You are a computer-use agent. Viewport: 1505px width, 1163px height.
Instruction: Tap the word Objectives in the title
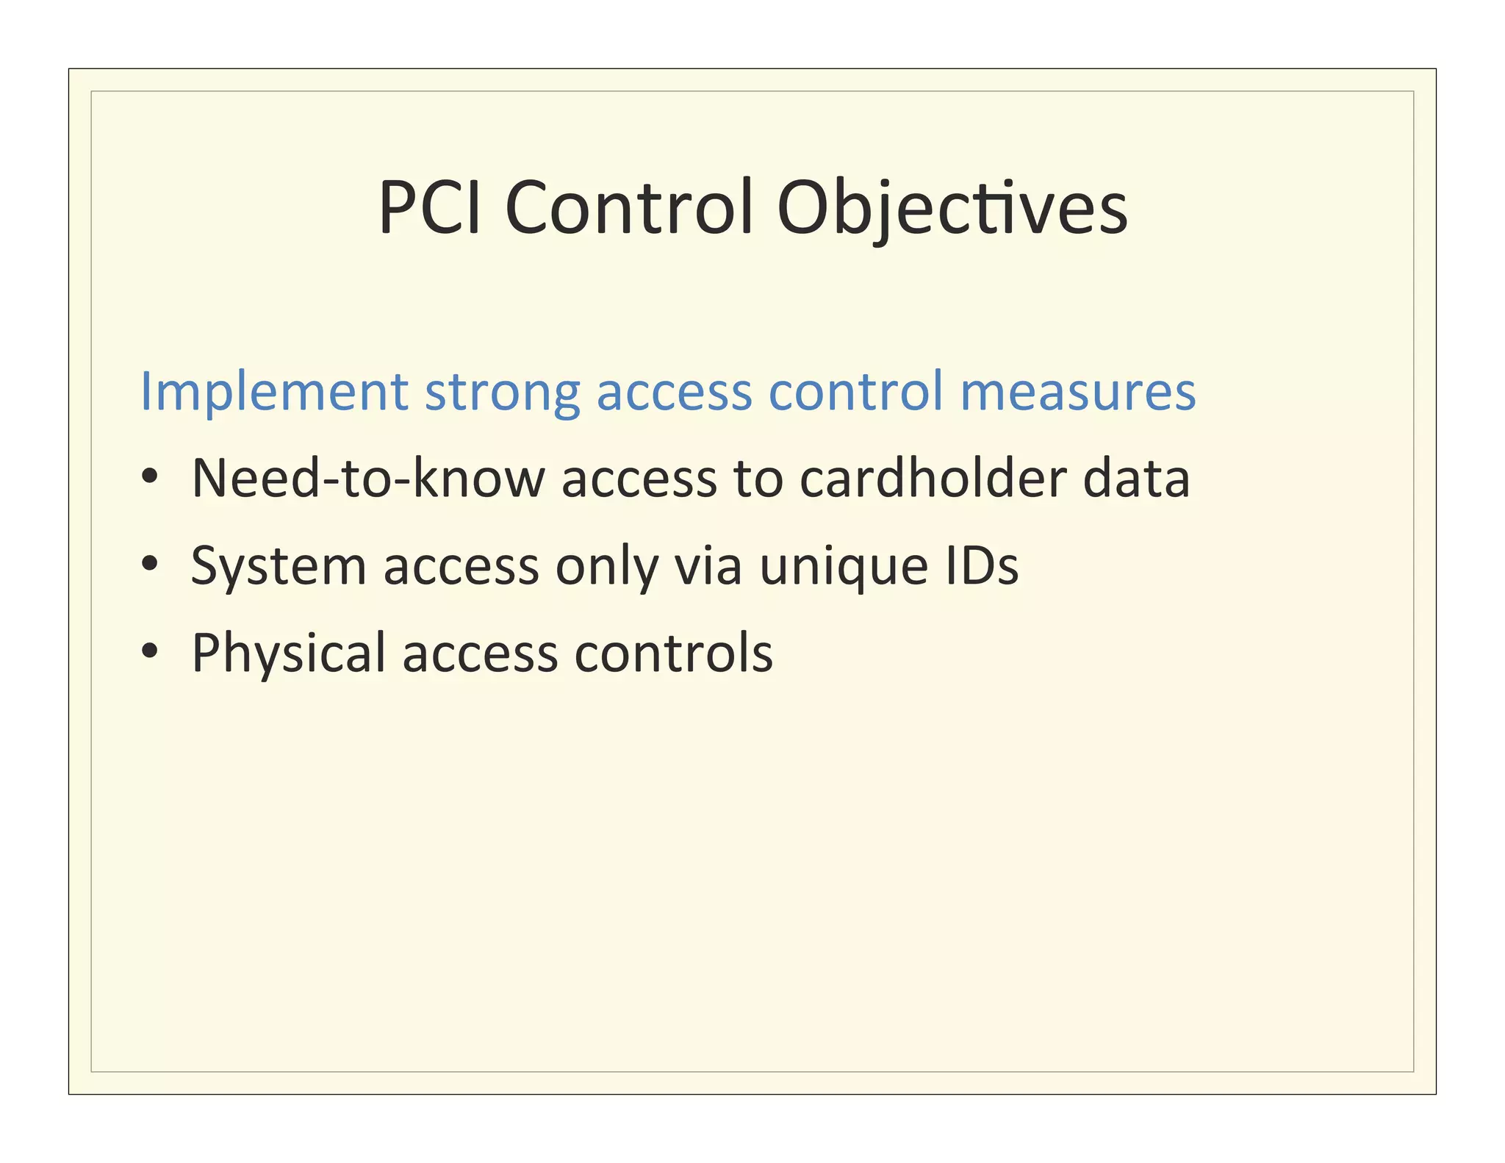click(952, 210)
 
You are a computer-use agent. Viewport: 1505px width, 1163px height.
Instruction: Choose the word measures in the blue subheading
click(1078, 391)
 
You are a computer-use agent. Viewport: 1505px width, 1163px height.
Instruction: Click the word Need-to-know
click(368, 479)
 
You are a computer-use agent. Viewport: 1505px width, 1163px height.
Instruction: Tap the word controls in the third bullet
click(673, 653)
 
